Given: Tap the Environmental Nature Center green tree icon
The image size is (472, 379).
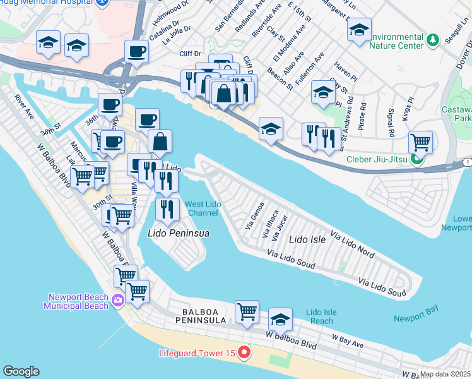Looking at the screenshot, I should click(432, 41).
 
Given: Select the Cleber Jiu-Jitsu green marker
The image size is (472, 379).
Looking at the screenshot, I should click(416, 159).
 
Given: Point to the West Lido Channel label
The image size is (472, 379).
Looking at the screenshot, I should click(202, 208).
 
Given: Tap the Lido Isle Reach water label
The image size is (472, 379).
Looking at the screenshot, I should click(321, 316).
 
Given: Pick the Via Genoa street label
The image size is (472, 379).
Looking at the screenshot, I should click(254, 217).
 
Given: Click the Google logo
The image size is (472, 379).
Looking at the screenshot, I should click(21, 371).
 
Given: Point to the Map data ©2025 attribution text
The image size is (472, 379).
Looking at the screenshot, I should click(445, 374).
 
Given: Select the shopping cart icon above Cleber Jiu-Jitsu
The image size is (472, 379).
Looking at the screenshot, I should click(420, 141).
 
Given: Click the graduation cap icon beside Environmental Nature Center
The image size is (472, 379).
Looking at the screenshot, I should click(359, 29).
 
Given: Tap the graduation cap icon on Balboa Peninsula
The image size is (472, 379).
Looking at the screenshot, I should click(281, 319).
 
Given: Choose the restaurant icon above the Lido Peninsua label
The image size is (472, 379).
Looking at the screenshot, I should click(167, 208).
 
